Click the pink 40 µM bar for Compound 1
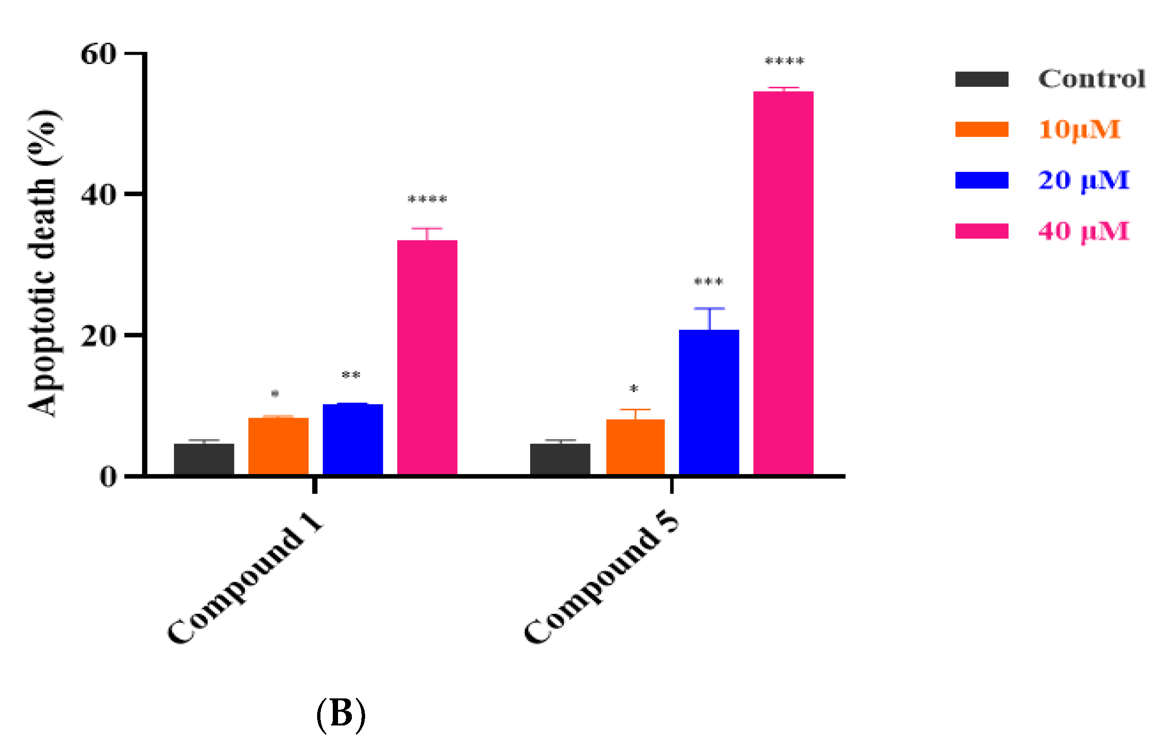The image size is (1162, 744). [427, 357]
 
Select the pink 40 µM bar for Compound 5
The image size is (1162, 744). [783, 283]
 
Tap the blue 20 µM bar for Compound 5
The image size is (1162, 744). [708, 402]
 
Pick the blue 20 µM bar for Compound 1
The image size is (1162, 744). [353, 439]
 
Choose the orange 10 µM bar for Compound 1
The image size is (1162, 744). [279, 446]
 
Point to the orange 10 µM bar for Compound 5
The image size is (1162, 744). [635, 447]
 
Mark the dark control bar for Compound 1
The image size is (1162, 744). [204, 459]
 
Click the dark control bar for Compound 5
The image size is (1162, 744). [560, 459]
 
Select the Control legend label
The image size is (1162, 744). [1092, 79]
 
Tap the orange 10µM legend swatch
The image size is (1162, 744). [981, 130]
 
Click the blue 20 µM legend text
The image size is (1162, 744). [1084, 180]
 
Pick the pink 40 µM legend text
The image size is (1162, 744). [1084, 231]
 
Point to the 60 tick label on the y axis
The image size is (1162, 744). [98, 54]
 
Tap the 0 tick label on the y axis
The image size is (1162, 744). [108, 477]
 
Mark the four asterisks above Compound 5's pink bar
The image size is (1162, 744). [784, 61]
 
